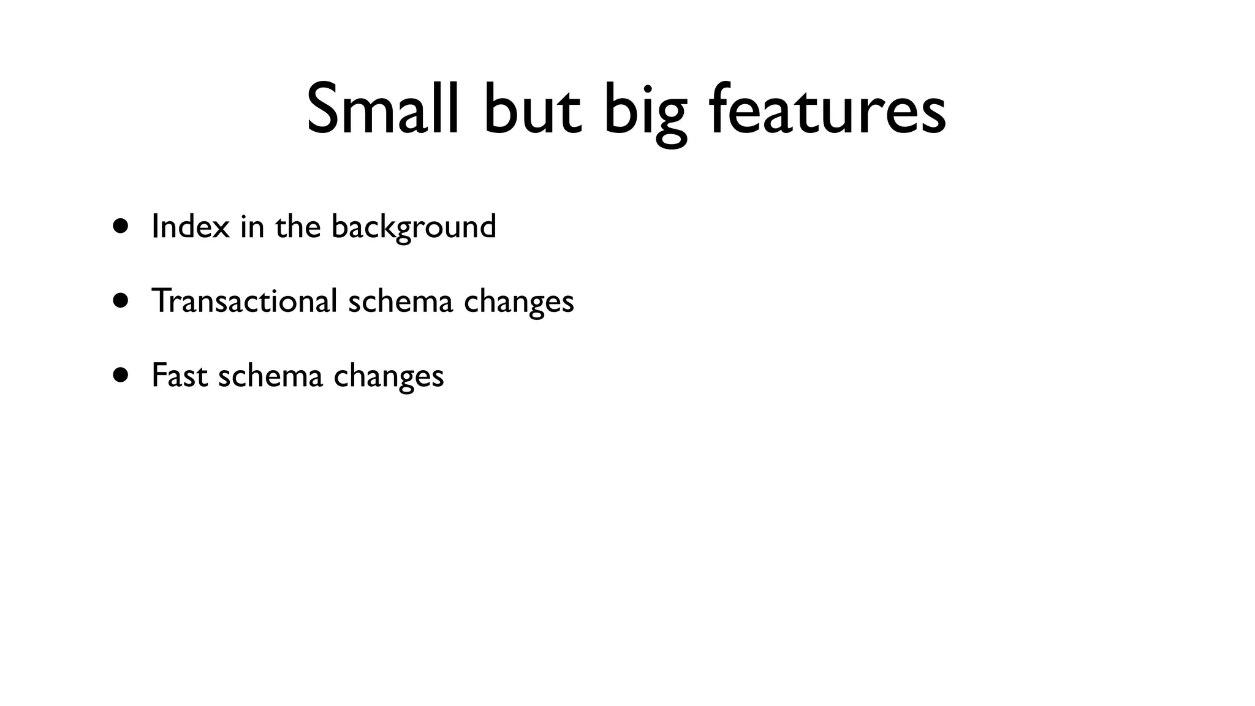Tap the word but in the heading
(x=532, y=109)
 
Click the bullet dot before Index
(x=121, y=226)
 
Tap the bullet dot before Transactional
(x=121, y=300)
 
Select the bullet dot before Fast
(x=121, y=374)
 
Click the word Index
(x=191, y=226)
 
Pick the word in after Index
(x=252, y=226)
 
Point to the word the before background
(x=298, y=226)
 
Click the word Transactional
(x=245, y=301)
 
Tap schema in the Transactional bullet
(x=401, y=301)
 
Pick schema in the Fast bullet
(x=270, y=375)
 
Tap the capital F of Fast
(x=159, y=375)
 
